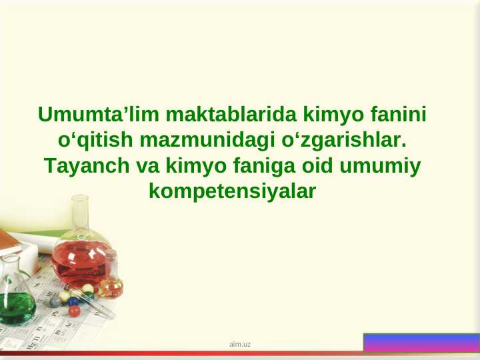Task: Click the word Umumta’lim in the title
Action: tap(98, 115)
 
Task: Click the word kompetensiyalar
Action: tap(232, 191)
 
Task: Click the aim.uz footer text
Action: tap(240, 344)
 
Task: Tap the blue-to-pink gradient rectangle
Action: tap(421, 342)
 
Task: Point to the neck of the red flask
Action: tap(81, 213)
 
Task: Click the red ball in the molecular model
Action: tap(75, 311)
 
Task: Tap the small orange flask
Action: tap(111, 286)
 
